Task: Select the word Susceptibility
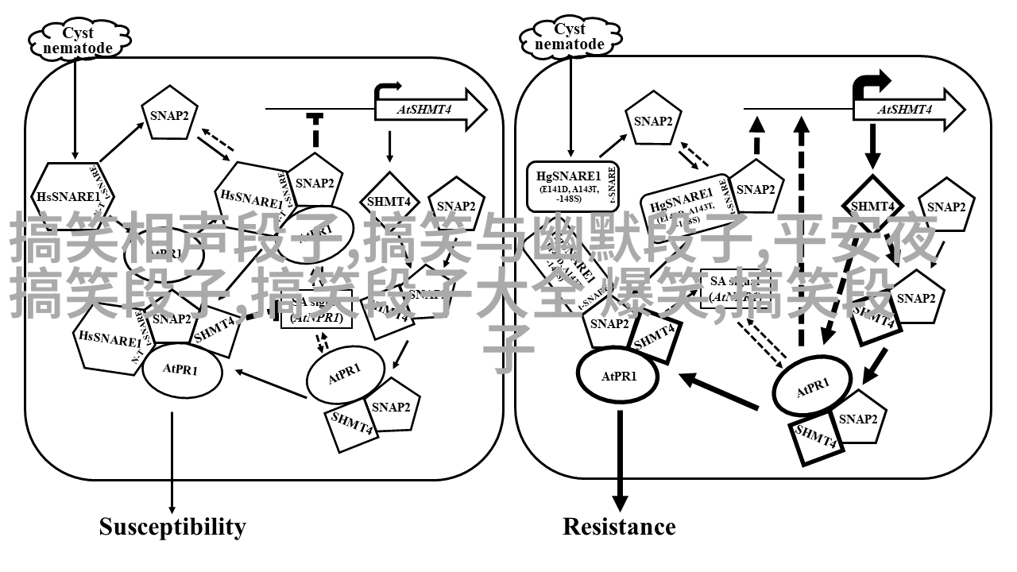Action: (x=172, y=527)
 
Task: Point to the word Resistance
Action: (x=619, y=527)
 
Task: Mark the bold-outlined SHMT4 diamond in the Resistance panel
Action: (x=872, y=206)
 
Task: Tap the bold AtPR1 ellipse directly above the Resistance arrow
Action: (x=619, y=376)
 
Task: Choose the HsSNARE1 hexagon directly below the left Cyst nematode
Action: (x=68, y=195)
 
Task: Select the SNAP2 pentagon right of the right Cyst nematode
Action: (x=653, y=121)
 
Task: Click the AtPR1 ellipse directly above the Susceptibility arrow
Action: (x=180, y=369)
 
